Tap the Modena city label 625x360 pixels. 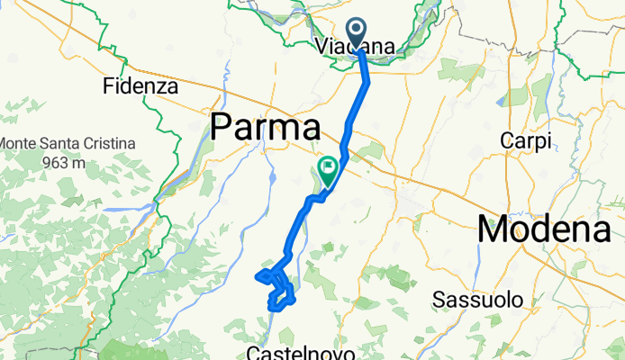(x=549, y=230)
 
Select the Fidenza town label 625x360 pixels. (x=141, y=87)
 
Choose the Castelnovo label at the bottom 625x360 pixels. (x=297, y=351)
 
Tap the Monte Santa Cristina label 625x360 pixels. (x=68, y=144)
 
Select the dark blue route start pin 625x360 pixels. (x=358, y=33)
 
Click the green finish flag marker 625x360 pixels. (x=328, y=167)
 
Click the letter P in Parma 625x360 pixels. (x=222, y=128)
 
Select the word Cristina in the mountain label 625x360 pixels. (x=106, y=144)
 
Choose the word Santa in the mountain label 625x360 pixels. (x=60, y=144)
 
